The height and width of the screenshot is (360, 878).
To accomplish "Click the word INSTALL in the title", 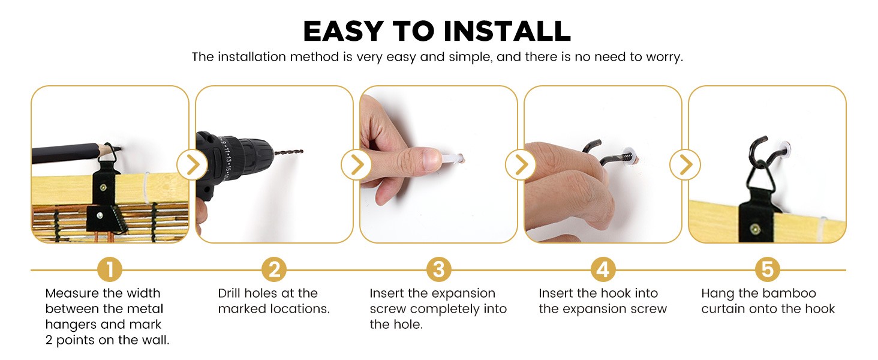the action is click(x=507, y=31).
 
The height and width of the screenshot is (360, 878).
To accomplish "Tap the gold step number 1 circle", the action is click(x=110, y=269).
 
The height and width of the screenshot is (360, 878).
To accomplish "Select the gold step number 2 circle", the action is click(x=274, y=269).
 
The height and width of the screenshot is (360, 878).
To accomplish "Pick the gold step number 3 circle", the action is click(x=438, y=269).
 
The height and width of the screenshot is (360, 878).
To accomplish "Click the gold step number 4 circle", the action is click(x=603, y=269).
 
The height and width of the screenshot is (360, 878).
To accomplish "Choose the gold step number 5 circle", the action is click(x=768, y=269).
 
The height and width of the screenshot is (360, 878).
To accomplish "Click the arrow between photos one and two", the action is click(x=192, y=165).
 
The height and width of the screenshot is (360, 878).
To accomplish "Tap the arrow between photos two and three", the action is click(x=356, y=165).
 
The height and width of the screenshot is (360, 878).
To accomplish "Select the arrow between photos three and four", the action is click(x=521, y=165).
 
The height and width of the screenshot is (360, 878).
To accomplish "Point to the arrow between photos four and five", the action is click(x=685, y=165).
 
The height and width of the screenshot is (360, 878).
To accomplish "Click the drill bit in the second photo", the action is click(x=288, y=152).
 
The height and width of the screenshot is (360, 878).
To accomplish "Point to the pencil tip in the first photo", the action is click(x=118, y=148).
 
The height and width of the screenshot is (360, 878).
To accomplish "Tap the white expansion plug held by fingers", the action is click(x=453, y=159).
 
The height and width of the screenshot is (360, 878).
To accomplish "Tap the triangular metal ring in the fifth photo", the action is click(x=760, y=176).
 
